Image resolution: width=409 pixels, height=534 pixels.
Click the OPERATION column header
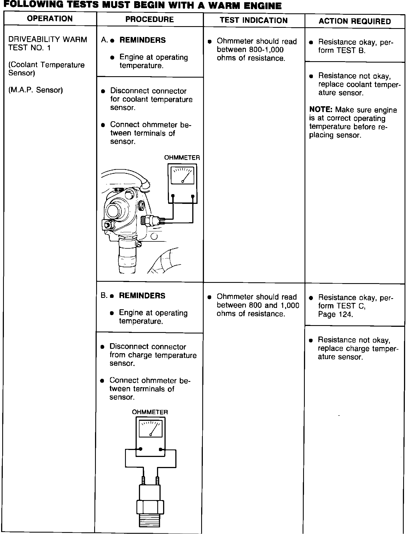click(50, 19)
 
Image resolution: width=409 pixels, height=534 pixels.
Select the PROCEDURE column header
click(149, 19)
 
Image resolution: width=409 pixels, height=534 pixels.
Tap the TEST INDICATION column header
click(254, 20)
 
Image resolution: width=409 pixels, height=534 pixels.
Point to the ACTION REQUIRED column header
click(355, 21)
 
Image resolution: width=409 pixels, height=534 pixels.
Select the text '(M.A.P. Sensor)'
click(36, 90)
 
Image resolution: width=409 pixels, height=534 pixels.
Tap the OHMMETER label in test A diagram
click(182, 158)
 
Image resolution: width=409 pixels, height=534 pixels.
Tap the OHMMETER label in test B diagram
click(150, 412)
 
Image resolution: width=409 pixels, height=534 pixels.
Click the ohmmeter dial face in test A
click(182, 175)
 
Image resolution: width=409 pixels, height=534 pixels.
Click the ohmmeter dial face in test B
click(150, 429)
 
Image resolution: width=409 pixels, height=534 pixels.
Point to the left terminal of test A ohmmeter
click(173, 196)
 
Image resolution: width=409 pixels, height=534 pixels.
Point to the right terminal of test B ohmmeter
click(161, 449)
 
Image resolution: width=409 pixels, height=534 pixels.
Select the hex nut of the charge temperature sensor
click(150, 507)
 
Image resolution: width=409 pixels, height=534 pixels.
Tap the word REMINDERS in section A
click(143, 40)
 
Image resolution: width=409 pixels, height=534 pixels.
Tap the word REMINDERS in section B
click(142, 296)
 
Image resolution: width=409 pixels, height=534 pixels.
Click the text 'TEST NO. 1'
click(29, 48)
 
